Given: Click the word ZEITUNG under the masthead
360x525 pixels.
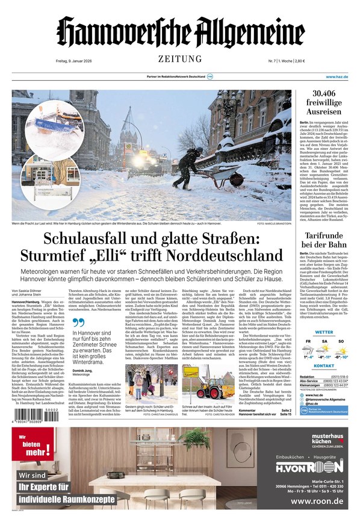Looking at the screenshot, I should coord(180,58).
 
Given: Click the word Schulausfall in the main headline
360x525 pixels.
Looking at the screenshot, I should coord(78,239).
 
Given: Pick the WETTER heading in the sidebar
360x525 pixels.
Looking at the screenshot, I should coord(324,332).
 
